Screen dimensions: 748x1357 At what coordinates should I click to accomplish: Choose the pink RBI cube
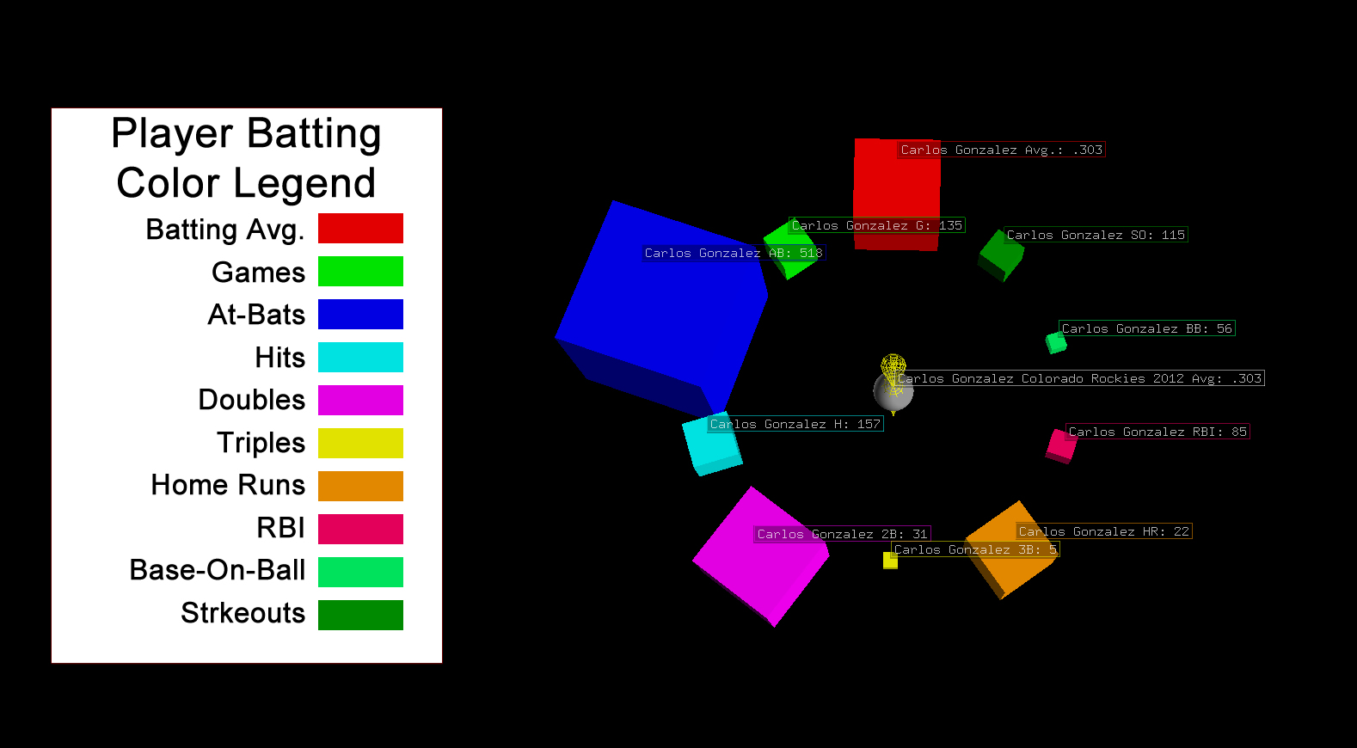coord(1061,445)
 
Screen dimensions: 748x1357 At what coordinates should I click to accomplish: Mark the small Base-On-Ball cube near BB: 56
coord(1055,342)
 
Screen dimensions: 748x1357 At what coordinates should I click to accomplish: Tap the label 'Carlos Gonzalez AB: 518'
coord(734,253)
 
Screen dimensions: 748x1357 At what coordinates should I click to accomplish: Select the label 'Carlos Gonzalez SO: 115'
coord(1096,235)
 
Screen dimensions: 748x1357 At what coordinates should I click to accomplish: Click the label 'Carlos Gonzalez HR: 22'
coord(1103,531)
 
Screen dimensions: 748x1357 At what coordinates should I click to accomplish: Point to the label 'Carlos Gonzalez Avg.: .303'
coord(1001,150)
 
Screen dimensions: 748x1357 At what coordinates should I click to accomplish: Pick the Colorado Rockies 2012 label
coord(1079,378)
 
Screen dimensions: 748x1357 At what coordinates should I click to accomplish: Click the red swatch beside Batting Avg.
coord(360,229)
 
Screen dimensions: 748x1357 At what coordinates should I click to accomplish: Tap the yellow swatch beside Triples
coord(360,443)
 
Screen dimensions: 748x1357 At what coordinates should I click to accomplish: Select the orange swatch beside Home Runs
coord(360,486)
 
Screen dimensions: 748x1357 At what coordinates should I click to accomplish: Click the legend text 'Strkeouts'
coord(243,613)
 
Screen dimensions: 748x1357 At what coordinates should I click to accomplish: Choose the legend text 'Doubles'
coord(251,400)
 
